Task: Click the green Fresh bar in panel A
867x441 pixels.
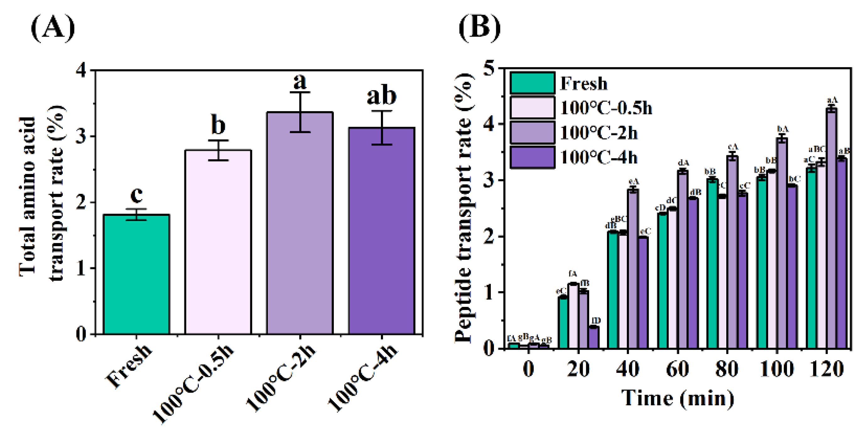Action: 136,274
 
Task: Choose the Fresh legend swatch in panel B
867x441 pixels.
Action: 532,83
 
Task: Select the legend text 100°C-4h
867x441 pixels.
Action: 599,158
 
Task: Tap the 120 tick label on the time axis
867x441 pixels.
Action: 826,369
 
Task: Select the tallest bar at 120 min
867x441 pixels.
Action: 832,229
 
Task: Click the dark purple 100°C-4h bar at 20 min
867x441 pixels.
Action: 593,337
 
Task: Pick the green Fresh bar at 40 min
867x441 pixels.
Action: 613,290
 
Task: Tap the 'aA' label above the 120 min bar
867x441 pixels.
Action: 832,100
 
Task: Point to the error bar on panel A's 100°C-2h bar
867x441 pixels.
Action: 300,112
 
